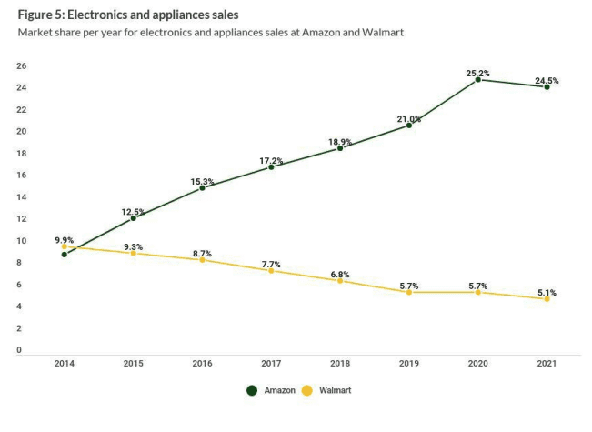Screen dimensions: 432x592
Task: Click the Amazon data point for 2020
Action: [477, 80]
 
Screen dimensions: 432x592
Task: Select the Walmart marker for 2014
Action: [64, 246]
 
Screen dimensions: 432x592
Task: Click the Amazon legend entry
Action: [272, 390]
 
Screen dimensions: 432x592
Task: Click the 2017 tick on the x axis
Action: [271, 362]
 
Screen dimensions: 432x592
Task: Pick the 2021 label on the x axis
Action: [547, 362]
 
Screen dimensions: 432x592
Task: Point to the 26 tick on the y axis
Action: [21, 66]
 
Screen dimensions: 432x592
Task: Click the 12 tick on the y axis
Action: [21, 219]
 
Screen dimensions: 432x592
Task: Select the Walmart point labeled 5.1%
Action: [547, 299]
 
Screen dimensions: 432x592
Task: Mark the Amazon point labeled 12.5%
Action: [133, 218]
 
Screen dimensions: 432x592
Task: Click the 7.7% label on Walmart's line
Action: [271, 265]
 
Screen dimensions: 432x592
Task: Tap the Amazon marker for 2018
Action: [340, 148]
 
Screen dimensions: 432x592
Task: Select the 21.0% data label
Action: [408, 119]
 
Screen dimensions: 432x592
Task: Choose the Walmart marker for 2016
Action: [202, 260]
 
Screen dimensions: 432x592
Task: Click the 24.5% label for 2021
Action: [547, 81]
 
